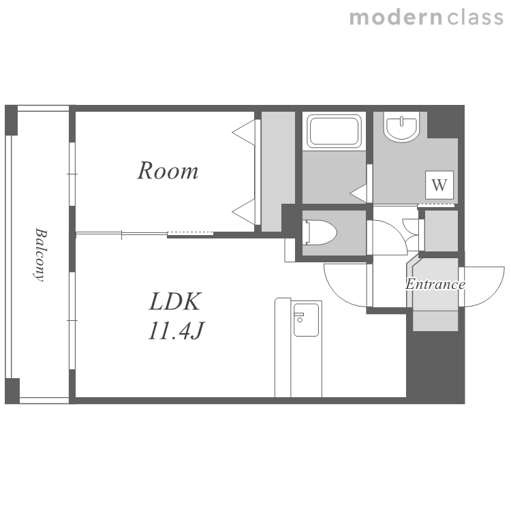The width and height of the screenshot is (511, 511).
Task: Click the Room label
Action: pyautogui.click(x=168, y=170)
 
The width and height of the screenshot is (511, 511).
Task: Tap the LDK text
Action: pyautogui.click(x=175, y=301)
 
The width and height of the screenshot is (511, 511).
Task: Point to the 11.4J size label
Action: pyautogui.click(x=176, y=330)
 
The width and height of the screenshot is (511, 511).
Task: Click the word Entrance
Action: pyautogui.click(x=435, y=284)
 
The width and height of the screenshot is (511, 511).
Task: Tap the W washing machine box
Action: pyautogui.click(x=439, y=185)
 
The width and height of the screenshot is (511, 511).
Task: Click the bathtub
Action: pyautogui.click(x=334, y=131)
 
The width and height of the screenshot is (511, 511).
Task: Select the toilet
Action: pyautogui.click(x=320, y=232)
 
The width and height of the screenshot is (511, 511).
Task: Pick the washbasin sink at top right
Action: pyautogui.click(x=401, y=127)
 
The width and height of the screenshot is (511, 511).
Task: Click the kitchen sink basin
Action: pyautogui.click(x=306, y=320)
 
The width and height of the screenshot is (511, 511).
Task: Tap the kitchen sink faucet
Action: pyautogui.click(x=299, y=317)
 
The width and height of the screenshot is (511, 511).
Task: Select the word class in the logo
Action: pyautogui.click(x=476, y=18)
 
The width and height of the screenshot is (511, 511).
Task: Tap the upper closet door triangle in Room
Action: pyautogui.click(x=245, y=132)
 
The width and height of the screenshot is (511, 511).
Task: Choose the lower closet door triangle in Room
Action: pyautogui.click(x=245, y=212)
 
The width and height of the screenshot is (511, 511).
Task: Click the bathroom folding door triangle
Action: pyautogui.click(x=359, y=193)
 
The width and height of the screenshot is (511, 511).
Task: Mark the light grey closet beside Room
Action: pyautogui.click(x=278, y=172)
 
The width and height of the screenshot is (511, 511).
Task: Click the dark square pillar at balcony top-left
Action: pyautogui.click(x=11, y=120)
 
